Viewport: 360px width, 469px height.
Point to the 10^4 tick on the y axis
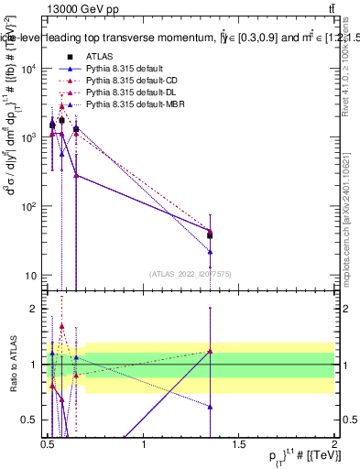tap(30, 68)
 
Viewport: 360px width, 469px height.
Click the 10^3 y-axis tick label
tap(30, 137)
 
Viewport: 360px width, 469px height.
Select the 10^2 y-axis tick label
tap(30, 206)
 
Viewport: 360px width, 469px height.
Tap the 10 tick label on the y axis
tap(33, 275)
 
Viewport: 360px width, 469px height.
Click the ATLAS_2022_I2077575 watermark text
tap(191, 273)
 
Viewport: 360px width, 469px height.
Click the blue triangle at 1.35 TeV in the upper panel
tap(210, 251)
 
